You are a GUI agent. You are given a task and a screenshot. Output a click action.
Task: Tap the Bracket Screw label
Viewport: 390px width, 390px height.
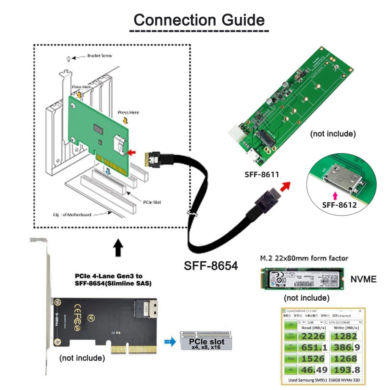(100, 56)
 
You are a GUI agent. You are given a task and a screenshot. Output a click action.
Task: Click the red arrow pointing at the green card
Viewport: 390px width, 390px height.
(132, 152)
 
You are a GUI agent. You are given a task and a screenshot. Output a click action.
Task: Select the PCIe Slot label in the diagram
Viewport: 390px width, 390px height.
(152, 202)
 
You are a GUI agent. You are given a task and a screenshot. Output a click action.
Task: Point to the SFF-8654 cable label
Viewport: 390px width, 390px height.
(211, 265)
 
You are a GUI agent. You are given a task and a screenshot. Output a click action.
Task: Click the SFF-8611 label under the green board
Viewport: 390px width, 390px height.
(262, 174)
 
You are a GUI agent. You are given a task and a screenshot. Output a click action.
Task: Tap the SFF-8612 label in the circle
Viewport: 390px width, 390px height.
(339, 205)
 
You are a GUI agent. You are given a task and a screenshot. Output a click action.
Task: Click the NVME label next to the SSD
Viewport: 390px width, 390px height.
(363, 279)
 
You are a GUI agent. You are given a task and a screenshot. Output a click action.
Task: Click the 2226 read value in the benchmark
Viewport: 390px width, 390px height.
(312, 336)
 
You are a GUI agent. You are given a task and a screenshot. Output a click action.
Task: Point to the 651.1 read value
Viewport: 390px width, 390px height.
(312, 347)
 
